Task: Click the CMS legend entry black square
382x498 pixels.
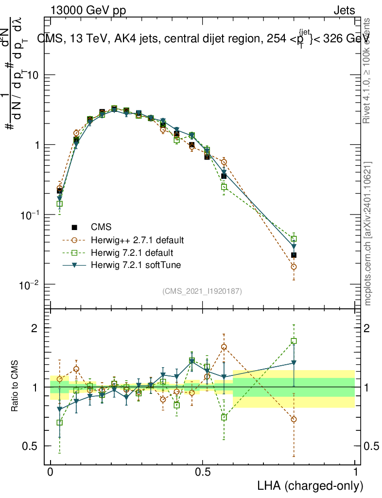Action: pos(75,227)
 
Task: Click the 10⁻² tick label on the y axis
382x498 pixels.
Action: pos(30,285)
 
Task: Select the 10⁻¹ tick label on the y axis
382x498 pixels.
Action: pos(30,215)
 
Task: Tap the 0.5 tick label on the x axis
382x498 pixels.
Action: pos(203,472)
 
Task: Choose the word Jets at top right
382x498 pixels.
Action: pos(344,10)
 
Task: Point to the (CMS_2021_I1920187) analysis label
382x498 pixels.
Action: pos(202,291)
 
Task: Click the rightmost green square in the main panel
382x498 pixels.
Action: pos(294,239)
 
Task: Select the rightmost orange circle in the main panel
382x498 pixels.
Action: pos(294,267)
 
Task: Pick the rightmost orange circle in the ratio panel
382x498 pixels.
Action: pos(294,419)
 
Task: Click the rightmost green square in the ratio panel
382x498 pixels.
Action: pos(294,341)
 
